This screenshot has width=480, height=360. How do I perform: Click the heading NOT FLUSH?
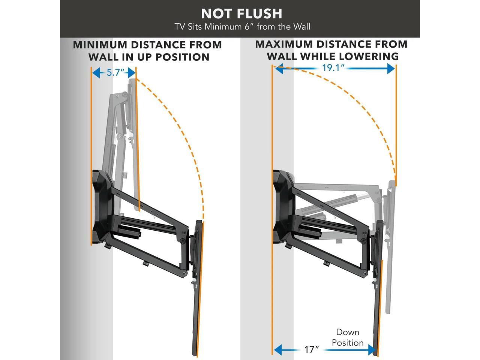point(241,13)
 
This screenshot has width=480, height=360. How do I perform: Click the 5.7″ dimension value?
point(115,72)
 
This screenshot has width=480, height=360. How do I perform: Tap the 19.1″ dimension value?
point(333,68)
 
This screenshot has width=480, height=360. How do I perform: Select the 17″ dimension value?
point(311,349)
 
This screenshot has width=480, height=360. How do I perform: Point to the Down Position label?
point(347,337)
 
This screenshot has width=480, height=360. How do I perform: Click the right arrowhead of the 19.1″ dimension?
point(391,69)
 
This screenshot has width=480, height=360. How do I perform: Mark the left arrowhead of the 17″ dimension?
point(278,350)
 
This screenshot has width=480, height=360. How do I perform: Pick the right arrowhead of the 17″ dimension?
point(372,350)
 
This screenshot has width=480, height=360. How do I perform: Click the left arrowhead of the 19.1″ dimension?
point(278,69)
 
